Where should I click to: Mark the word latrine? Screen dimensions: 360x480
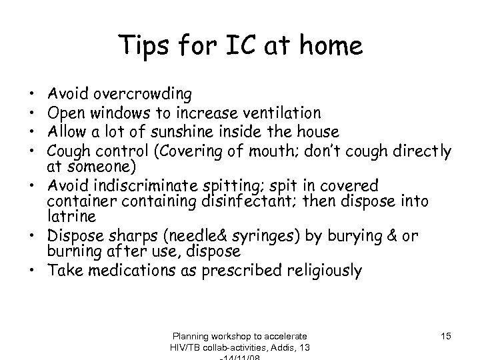(x=81, y=216)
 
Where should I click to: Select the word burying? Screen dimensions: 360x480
(x=343, y=235)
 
